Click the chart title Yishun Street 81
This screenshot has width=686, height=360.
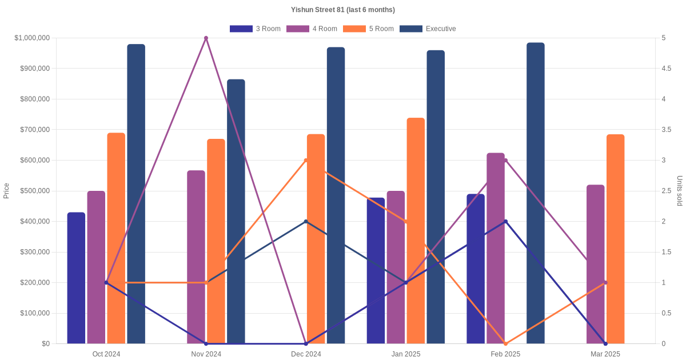(342, 10)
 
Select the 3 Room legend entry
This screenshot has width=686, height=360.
(255, 29)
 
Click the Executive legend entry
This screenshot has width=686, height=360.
(428, 29)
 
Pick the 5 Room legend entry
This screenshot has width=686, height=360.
(368, 29)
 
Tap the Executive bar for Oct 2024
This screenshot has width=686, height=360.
(136, 194)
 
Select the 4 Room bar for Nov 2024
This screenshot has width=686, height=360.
(196, 257)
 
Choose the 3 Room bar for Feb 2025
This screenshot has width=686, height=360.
(476, 269)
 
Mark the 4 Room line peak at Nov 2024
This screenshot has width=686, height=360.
(206, 38)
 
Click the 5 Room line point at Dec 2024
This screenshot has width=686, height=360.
(306, 161)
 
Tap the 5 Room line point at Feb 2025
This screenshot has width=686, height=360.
(505, 343)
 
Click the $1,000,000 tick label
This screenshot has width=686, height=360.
(32, 38)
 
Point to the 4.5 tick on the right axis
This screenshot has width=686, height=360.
(667, 69)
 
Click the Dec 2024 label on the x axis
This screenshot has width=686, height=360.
(306, 354)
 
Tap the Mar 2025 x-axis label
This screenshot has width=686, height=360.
(605, 354)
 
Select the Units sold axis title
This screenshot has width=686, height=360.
(680, 191)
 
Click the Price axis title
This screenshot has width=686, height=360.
(6, 191)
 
